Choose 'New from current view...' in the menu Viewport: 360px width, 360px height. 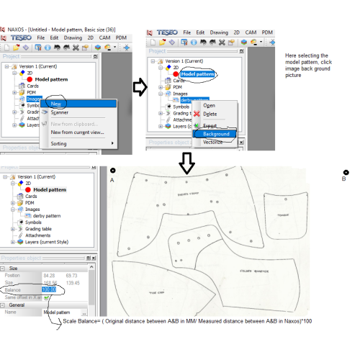(77, 132)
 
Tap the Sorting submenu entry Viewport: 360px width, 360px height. (60, 143)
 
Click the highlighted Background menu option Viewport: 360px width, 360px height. (216, 134)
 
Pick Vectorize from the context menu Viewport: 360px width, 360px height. (212, 143)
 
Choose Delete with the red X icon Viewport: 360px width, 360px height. (210, 114)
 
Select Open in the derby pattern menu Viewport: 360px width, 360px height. (209, 105)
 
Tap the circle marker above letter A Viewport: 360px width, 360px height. (113, 171)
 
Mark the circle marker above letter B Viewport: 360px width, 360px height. (346, 171)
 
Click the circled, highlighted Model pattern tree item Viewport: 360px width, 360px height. (197, 73)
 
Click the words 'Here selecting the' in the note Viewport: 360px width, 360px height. (307, 55)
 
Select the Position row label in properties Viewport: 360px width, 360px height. (13, 274)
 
